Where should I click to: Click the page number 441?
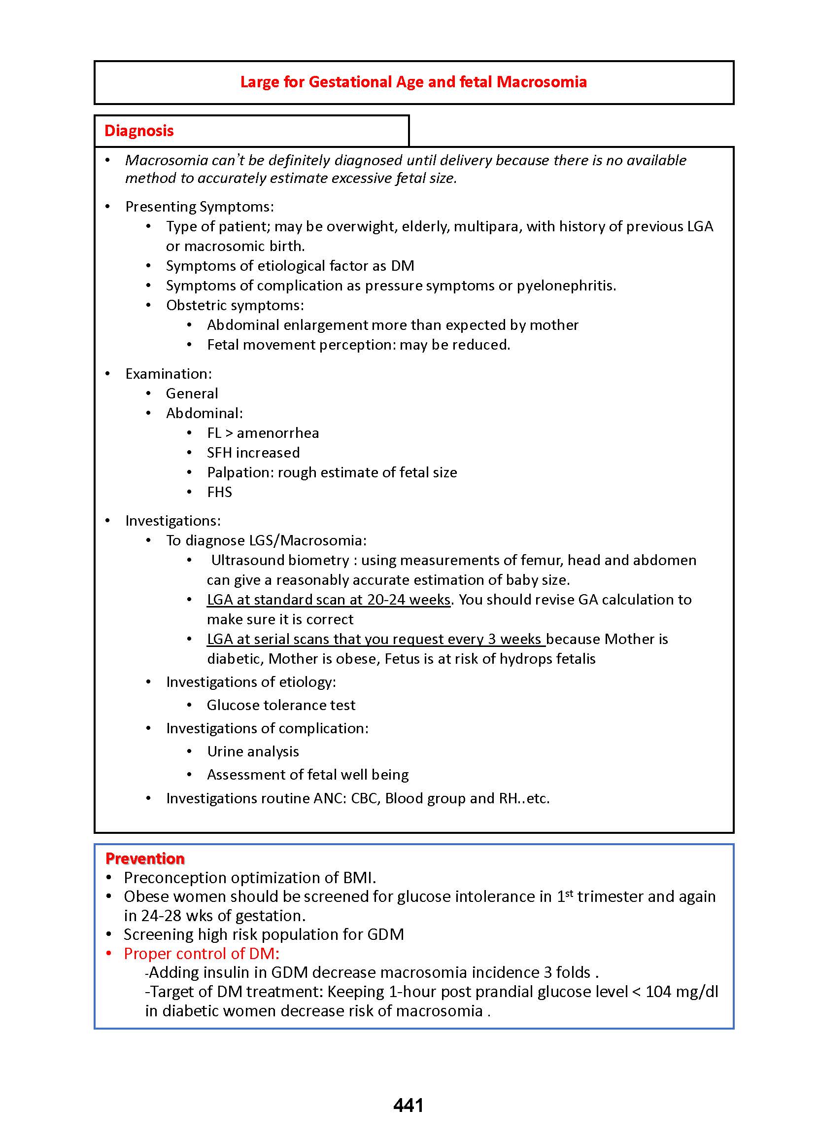click(x=408, y=1105)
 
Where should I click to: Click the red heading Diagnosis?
click(x=139, y=131)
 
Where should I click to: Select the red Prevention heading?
click(x=145, y=858)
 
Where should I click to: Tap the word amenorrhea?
click(x=277, y=433)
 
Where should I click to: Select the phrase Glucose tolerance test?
click(x=281, y=705)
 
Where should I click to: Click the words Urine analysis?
click(x=253, y=751)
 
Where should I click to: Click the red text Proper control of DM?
click(x=202, y=954)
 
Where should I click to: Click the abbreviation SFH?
click(x=220, y=453)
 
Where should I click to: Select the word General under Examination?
click(x=192, y=393)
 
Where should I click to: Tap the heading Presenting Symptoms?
click(x=200, y=207)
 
